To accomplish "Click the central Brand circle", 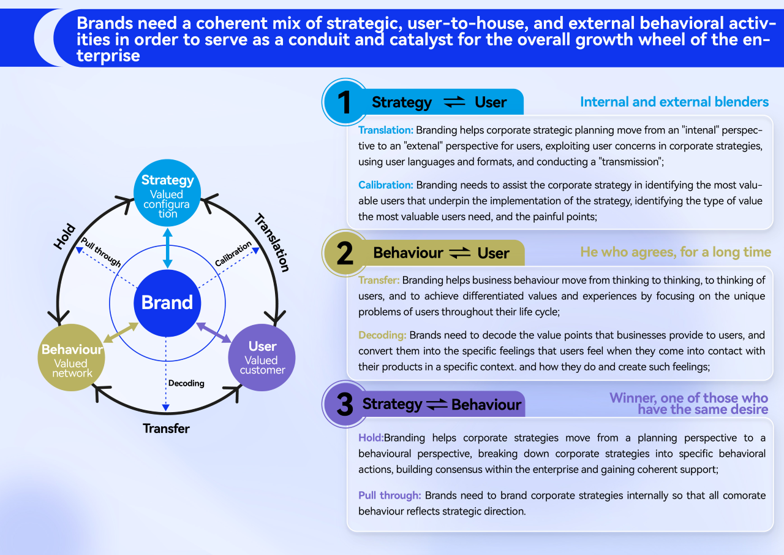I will (x=167, y=303).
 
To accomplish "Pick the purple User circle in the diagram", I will (x=262, y=356).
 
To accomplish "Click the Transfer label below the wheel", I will (x=166, y=428).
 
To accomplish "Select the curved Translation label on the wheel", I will (x=271, y=242).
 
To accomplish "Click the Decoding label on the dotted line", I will (x=186, y=383).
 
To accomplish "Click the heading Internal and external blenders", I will (x=674, y=102).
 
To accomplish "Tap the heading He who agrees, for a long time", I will (x=675, y=252).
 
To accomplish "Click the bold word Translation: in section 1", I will (x=386, y=130).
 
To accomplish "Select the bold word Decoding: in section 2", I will (x=382, y=335).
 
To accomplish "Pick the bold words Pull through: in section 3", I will (x=390, y=495).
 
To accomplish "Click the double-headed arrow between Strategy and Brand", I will (x=167, y=248).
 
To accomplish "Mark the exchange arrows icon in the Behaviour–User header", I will (x=460, y=253).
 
